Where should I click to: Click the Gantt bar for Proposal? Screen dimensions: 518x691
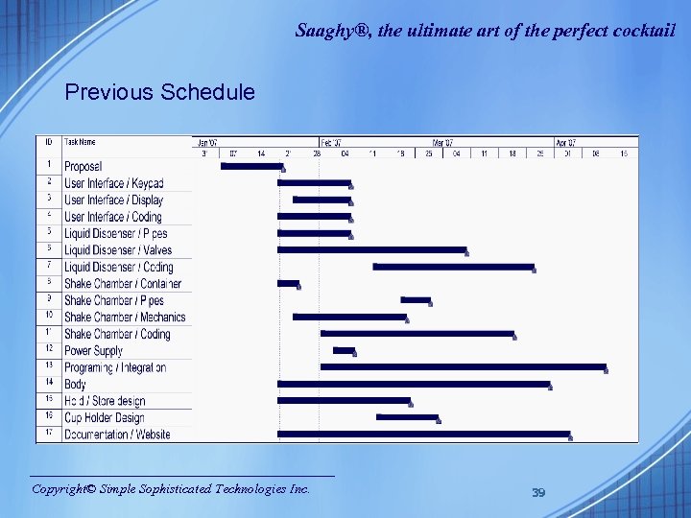251,166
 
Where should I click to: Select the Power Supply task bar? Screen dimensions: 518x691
344,350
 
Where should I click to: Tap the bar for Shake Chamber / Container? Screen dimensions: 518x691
288,283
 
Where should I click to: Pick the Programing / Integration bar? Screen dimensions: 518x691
463,366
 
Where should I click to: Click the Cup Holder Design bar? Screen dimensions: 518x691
407,417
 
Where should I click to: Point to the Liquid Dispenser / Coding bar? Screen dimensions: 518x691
453,267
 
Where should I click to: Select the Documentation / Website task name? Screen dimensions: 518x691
117,435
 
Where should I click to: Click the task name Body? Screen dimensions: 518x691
76,385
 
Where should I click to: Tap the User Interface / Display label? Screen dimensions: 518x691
113,200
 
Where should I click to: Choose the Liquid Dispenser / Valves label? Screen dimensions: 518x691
118,250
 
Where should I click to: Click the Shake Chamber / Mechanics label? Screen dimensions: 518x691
125,317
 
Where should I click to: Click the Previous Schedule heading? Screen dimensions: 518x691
159,92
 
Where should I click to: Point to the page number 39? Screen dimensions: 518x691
538,492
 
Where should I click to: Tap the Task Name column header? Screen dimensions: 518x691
81,142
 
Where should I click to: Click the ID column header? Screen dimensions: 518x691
48,142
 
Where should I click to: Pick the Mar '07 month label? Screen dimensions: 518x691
442,142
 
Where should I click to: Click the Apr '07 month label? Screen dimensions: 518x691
566,142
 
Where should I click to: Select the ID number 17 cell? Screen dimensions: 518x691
48,435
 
